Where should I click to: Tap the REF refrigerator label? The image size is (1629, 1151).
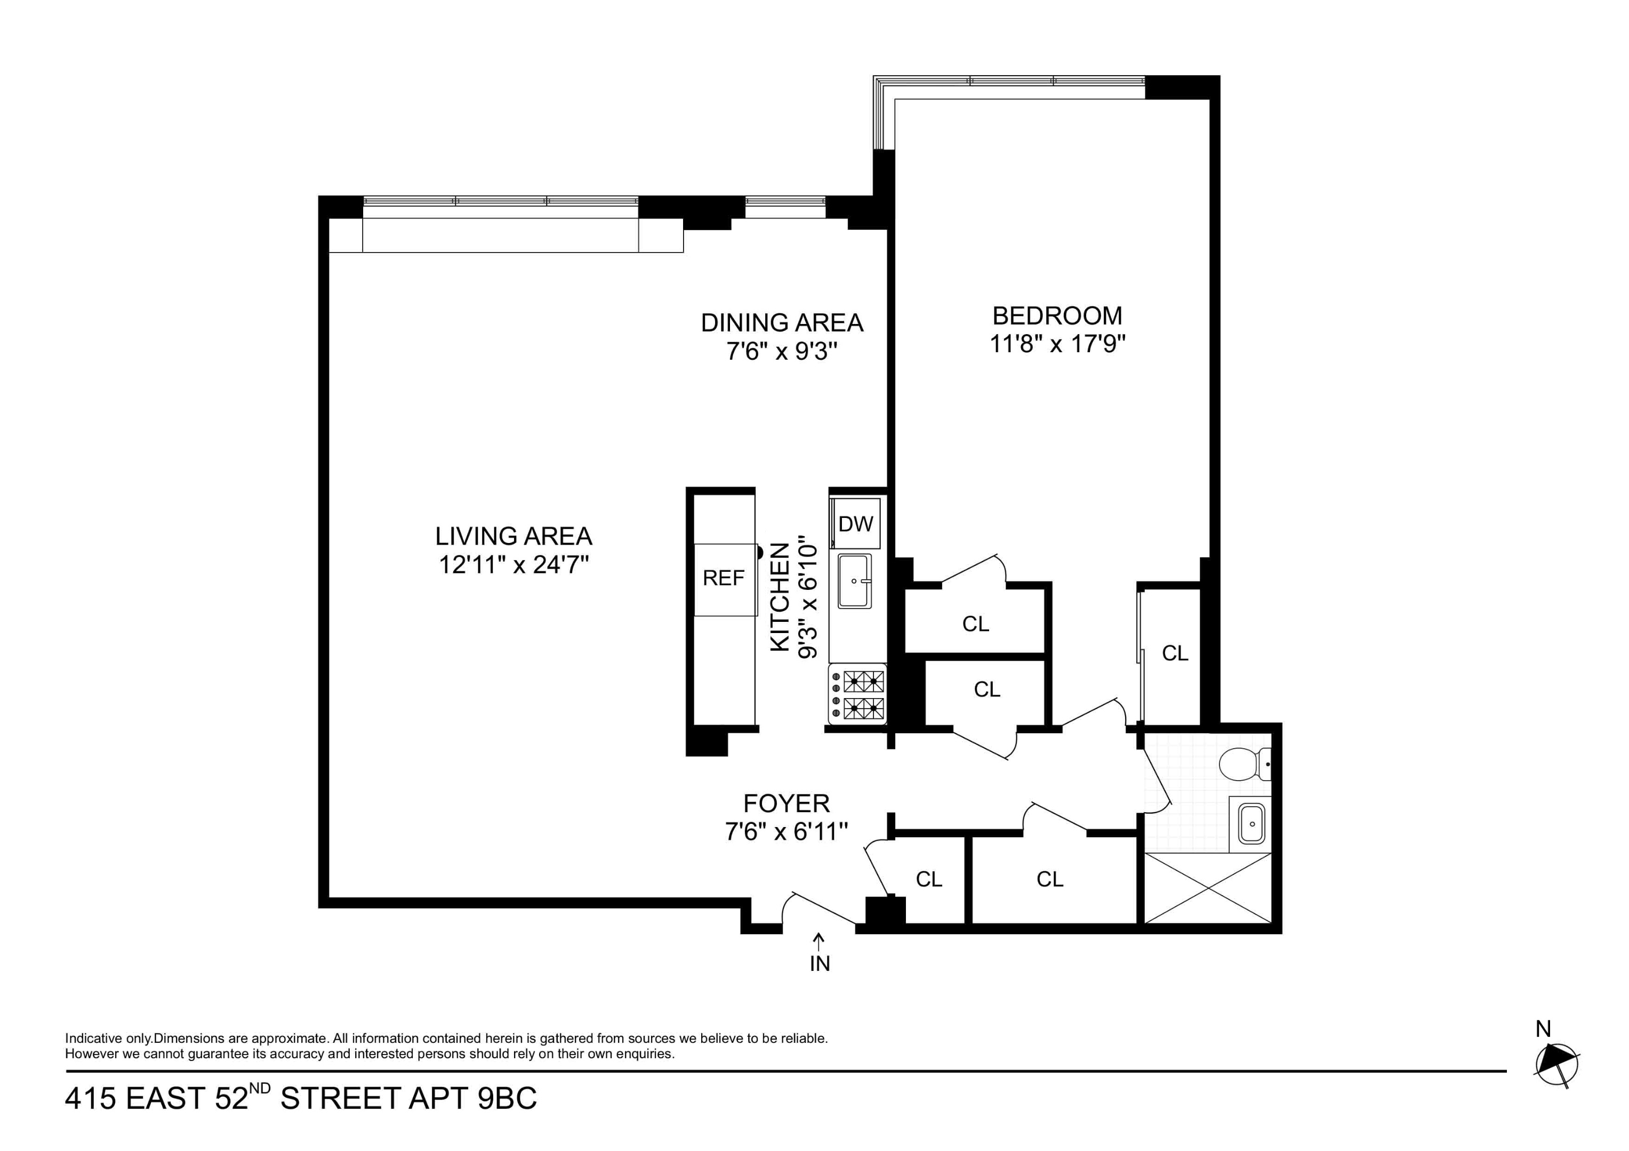(723, 578)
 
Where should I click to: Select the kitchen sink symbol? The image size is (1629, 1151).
(855, 581)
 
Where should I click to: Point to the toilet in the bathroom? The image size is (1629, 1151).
(1242, 765)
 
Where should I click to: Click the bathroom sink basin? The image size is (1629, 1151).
(1252, 823)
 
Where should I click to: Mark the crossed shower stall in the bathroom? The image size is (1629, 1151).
(1208, 887)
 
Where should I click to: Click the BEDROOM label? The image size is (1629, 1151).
(1057, 315)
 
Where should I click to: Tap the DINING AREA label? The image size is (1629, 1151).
(782, 323)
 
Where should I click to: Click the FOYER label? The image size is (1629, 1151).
(786, 804)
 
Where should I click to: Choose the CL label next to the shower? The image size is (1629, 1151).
(1049, 879)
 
